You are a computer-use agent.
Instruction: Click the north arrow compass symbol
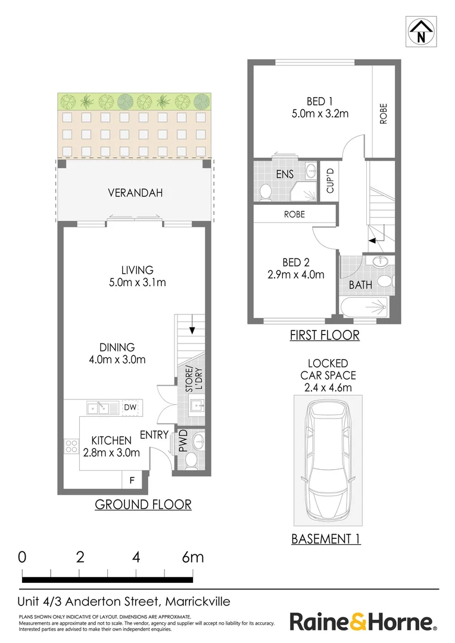(x=422, y=32)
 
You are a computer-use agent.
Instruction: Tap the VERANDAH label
(x=135, y=193)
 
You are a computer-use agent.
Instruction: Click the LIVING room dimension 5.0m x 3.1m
(x=138, y=282)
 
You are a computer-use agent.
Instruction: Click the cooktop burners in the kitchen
(x=72, y=447)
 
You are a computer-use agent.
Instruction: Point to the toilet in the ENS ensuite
(x=265, y=191)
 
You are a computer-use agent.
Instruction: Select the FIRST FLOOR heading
(x=325, y=335)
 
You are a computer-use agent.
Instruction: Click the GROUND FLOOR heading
(x=143, y=505)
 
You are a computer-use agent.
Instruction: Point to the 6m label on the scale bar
(x=192, y=558)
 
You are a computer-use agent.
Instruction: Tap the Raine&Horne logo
(x=363, y=623)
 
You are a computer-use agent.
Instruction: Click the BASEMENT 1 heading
(x=326, y=539)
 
